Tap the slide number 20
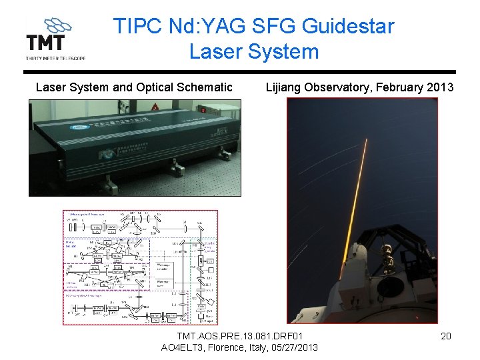pyautogui.click(x=446, y=336)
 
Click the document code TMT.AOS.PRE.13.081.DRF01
pyautogui.click(x=240, y=335)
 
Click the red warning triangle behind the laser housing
pyautogui.click(x=155, y=106)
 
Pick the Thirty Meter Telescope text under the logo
pyautogui.click(x=55, y=58)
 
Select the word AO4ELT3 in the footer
pyautogui.click(x=183, y=347)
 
